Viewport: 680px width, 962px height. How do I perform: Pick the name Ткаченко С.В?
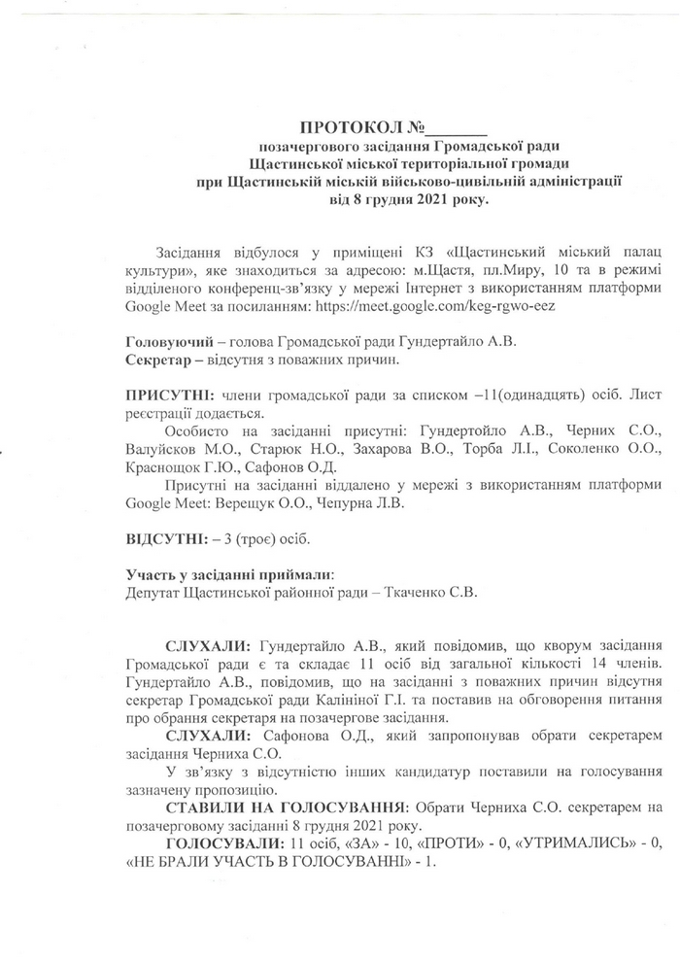point(412,591)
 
